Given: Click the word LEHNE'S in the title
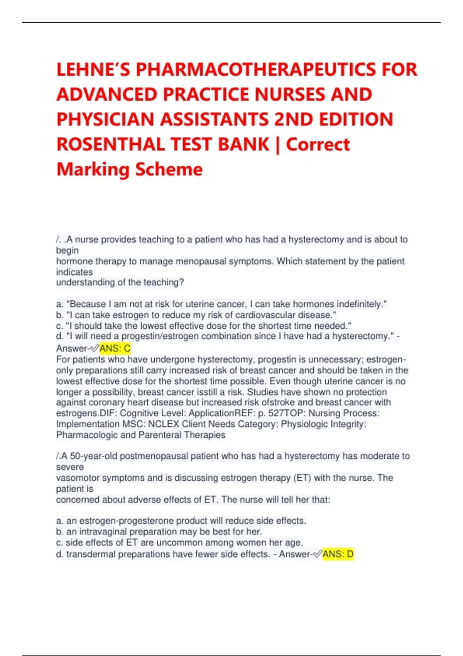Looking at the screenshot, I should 93,70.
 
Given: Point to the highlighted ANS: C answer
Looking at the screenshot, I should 115,348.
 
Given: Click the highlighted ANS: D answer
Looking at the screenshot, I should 338,555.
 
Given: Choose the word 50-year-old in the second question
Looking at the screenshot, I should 94,456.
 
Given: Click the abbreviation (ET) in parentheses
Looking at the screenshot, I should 302,478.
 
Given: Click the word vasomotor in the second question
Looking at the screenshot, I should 76,478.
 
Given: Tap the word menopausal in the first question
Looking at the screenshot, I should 201,261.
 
